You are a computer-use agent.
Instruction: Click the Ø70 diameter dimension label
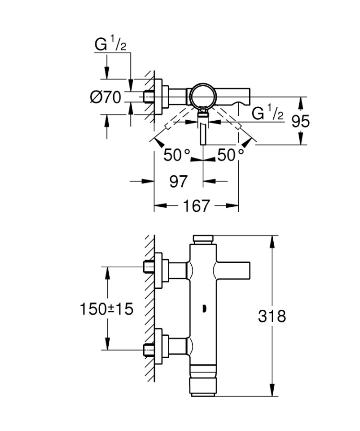(105, 97)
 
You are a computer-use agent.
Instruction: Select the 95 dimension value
(301, 121)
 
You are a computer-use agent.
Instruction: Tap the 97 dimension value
(178, 181)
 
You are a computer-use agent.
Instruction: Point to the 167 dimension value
(196, 206)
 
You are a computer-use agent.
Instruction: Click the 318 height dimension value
(272, 316)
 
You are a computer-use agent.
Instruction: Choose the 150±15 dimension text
(106, 309)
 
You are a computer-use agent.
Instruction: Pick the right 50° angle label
(231, 155)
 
